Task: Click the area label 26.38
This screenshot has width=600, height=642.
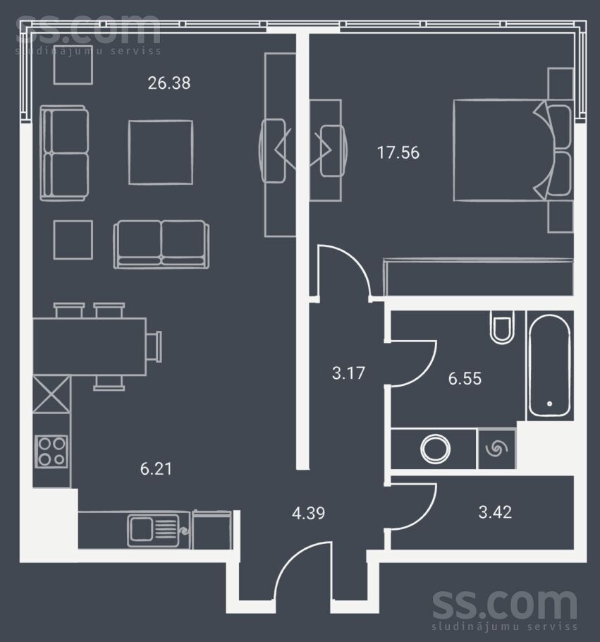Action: pyautogui.click(x=169, y=83)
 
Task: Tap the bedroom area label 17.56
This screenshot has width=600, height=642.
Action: pyautogui.click(x=398, y=152)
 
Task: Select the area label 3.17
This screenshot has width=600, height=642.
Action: pyautogui.click(x=348, y=373)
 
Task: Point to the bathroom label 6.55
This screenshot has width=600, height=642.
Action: pyautogui.click(x=465, y=379)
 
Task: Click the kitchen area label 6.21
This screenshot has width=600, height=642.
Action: pyautogui.click(x=156, y=468)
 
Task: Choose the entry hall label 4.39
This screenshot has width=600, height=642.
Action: pyautogui.click(x=309, y=513)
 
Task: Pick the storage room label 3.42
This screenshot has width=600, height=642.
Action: pyautogui.click(x=495, y=512)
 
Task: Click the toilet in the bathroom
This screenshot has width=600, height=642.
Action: pyautogui.click(x=502, y=327)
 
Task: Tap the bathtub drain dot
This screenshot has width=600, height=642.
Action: pyautogui.click(x=549, y=404)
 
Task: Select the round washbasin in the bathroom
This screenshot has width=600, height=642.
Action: pyautogui.click(x=435, y=449)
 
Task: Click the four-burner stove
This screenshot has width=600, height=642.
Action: pyautogui.click(x=51, y=452)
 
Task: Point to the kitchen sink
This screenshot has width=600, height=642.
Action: pyautogui.click(x=154, y=531)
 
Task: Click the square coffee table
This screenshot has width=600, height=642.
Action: pyautogui.click(x=161, y=152)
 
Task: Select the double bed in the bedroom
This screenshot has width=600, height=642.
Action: pyautogui.click(x=513, y=150)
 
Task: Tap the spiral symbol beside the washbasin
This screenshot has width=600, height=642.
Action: pyautogui.click(x=496, y=449)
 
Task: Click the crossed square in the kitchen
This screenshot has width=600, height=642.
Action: pyautogui.click(x=51, y=394)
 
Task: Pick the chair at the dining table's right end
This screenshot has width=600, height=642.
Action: pyautogui.click(x=154, y=347)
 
